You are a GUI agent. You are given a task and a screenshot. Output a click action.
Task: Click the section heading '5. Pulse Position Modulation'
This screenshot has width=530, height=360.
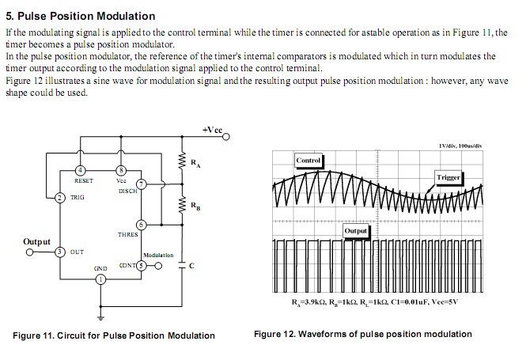pyautogui.click(x=81, y=16)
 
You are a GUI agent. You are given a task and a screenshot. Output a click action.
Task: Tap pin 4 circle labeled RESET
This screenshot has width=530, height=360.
pyautogui.click(x=79, y=170)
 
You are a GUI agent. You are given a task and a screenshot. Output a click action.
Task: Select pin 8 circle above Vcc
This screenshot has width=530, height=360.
pyautogui.click(x=121, y=170)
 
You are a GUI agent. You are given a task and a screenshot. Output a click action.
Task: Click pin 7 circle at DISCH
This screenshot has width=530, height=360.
pyautogui.click(x=140, y=184)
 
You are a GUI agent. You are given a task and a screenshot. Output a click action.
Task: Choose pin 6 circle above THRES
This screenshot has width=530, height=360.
pyautogui.click(x=140, y=225)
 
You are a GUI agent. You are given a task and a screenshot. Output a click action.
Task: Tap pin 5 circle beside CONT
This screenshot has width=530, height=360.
pyautogui.click(x=141, y=266)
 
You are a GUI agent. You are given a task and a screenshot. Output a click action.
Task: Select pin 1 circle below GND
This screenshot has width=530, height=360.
pyautogui.click(x=100, y=287)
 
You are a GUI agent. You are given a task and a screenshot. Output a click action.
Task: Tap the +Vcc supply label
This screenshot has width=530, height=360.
pyautogui.click(x=212, y=128)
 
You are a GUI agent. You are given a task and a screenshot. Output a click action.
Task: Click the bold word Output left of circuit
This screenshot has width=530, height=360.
pyautogui.click(x=37, y=241)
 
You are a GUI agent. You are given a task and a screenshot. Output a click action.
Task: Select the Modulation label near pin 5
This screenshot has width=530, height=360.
pyautogui.click(x=158, y=256)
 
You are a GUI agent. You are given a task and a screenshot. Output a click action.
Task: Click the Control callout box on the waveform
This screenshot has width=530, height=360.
pyautogui.click(x=308, y=161)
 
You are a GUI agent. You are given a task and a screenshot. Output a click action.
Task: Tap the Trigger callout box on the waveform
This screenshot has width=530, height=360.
pyautogui.click(x=449, y=177)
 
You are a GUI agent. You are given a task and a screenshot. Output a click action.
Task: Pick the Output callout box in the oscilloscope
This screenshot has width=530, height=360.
pyautogui.click(x=356, y=229)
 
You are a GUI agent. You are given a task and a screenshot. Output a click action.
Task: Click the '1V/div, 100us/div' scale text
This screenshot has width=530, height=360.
pyautogui.click(x=460, y=146)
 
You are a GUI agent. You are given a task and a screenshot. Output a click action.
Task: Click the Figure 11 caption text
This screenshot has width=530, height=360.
pyautogui.click(x=114, y=335)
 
